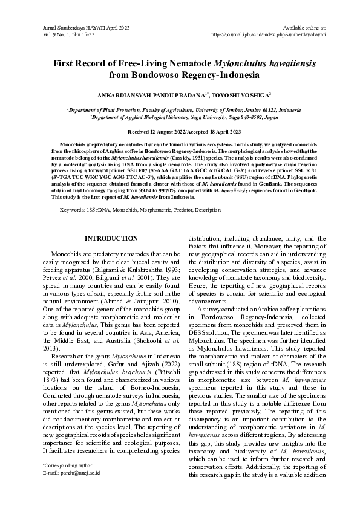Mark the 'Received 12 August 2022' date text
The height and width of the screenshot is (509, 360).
(157, 131)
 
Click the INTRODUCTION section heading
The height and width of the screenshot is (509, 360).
(111, 239)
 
